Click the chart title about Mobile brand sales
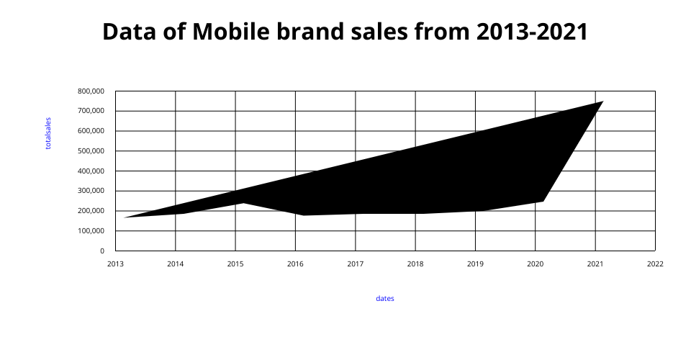(345, 32)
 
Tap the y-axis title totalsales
(48, 133)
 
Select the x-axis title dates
(385, 298)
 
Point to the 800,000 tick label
(91, 91)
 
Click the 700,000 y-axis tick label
(91, 111)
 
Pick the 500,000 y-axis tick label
(91, 151)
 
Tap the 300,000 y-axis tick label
(91, 191)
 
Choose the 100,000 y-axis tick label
(91, 231)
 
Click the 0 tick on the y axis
(101, 251)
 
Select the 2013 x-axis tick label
(115, 264)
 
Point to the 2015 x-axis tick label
(235, 264)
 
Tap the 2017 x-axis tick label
(355, 264)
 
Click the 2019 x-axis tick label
(475, 264)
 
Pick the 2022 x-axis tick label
(655, 264)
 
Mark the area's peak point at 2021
(602, 102)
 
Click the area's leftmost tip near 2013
(125, 217)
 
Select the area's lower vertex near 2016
(303, 215)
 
